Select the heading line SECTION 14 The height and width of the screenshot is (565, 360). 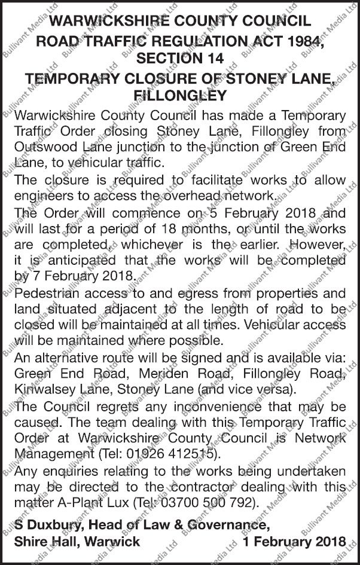(x=180, y=59)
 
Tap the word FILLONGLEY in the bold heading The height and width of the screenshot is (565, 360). (x=180, y=95)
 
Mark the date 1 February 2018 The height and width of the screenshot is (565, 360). (x=295, y=542)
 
